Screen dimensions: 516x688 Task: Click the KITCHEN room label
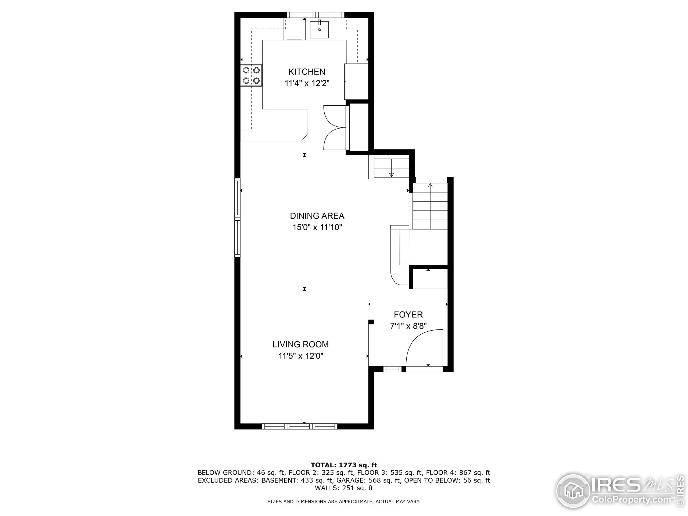(307, 72)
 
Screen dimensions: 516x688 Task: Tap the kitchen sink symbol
(319, 30)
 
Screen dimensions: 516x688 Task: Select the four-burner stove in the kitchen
(251, 76)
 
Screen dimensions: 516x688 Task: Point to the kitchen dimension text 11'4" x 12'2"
(307, 83)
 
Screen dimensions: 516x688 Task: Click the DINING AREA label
(317, 216)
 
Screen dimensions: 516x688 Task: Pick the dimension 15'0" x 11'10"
(317, 227)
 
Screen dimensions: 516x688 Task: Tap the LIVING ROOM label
(300, 344)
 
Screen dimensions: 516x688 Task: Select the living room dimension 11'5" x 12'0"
(300, 356)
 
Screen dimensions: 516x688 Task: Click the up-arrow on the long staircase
(430, 186)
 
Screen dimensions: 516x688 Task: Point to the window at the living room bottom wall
(300, 426)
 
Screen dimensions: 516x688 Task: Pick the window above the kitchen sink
(316, 15)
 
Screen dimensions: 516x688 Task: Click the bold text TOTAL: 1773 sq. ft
(344, 465)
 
